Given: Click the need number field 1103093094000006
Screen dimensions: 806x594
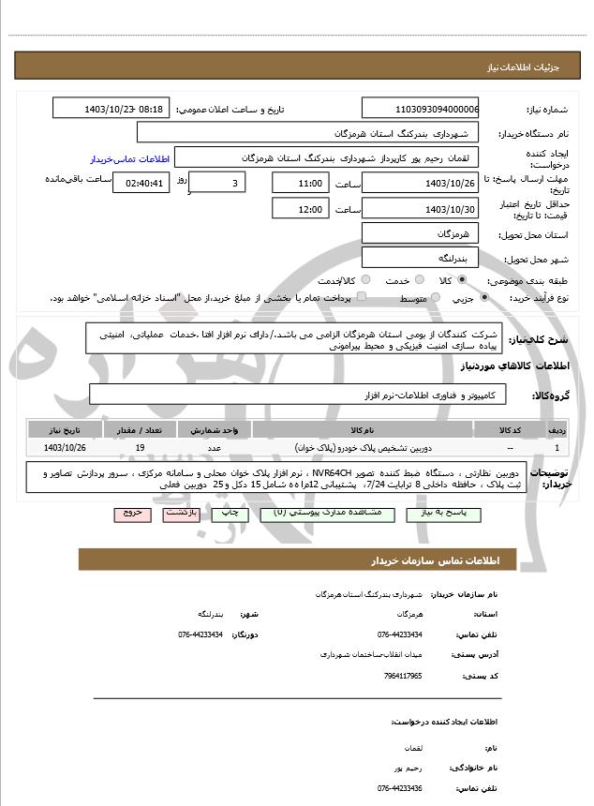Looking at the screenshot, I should click(420, 109).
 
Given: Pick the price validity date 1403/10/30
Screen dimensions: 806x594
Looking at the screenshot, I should click(420, 208).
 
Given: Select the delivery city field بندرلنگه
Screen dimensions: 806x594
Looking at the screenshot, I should click(420, 257).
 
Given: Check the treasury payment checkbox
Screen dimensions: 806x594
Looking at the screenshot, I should click(362, 296).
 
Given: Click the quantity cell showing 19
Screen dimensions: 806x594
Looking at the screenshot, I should click(140, 448).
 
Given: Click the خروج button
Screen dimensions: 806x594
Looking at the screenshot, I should click(130, 514).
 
